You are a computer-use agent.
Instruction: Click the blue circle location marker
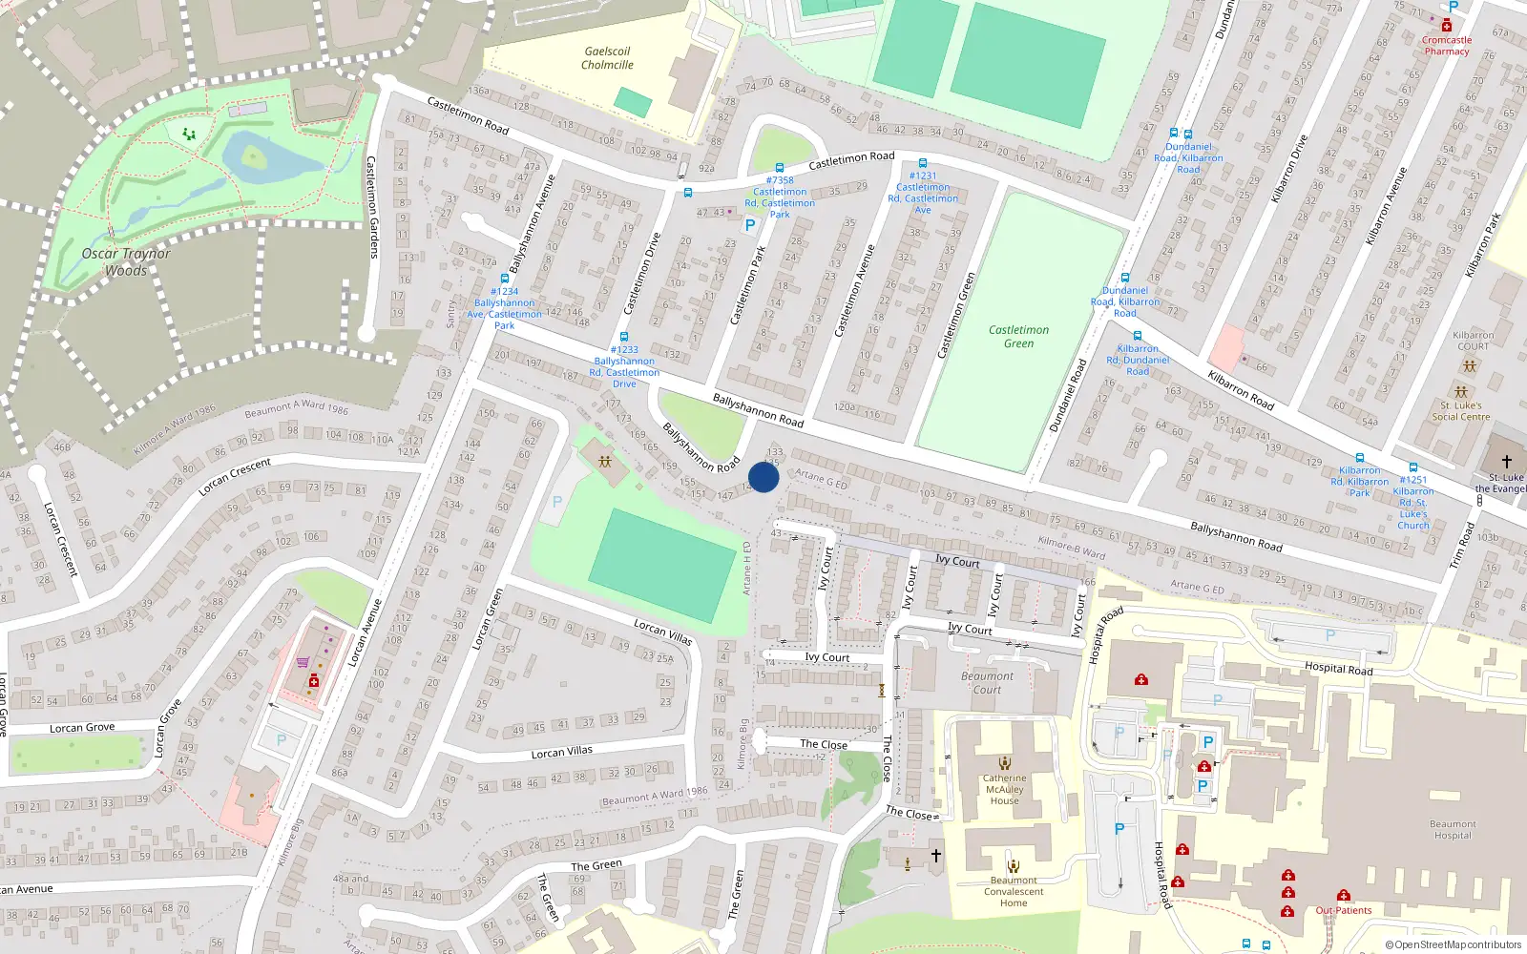click(763, 477)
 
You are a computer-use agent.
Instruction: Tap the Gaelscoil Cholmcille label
click(607, 58)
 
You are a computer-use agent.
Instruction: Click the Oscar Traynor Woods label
click(126, 261)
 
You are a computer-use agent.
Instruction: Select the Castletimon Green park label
click(1018, 337)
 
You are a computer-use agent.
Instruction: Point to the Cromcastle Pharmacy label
click(1447, 46)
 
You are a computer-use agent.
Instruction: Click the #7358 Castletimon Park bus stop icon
click(780, 168)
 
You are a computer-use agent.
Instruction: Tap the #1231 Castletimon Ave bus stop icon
click(923, 163)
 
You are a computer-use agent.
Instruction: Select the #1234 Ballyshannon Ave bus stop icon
click(505, 279)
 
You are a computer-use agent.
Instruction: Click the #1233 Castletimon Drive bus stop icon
click(624, 337)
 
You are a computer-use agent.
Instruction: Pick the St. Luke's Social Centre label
click(1460, 411)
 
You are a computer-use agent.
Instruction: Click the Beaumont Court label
click(988, 683)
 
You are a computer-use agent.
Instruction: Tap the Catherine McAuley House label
click(1004, 789)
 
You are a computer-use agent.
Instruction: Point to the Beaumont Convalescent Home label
click(1014, 892)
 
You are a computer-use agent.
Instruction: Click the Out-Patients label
click(1344, 910)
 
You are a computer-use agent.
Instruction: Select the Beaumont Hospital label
click(1453, 830)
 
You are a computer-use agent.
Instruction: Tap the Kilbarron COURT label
click(1474, 341)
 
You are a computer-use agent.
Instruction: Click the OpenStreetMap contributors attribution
click(1454, 944)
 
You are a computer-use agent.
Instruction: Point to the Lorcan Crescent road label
click(235, 476)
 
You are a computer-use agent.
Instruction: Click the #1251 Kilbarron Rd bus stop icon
click(1413, 467)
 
